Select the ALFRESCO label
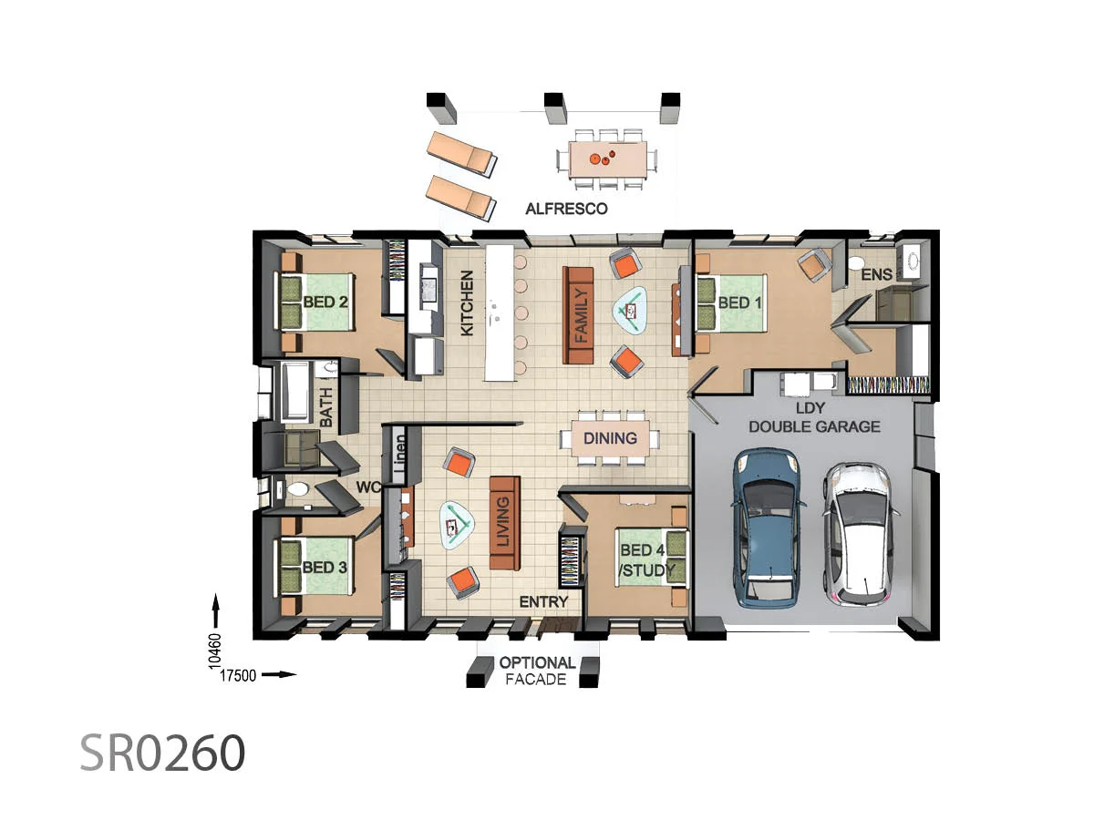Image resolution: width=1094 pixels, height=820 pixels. pos(566,209)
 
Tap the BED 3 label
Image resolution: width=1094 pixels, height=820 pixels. pos(325,567)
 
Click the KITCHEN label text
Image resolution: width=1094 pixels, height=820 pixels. pos(467,303)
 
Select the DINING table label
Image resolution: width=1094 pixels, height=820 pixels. pos(610,438)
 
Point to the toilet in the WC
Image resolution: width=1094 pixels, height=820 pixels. pos(294,490)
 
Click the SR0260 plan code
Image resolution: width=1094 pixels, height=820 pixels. pos(162,753)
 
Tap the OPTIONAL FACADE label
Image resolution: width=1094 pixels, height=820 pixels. pos(537,671)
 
